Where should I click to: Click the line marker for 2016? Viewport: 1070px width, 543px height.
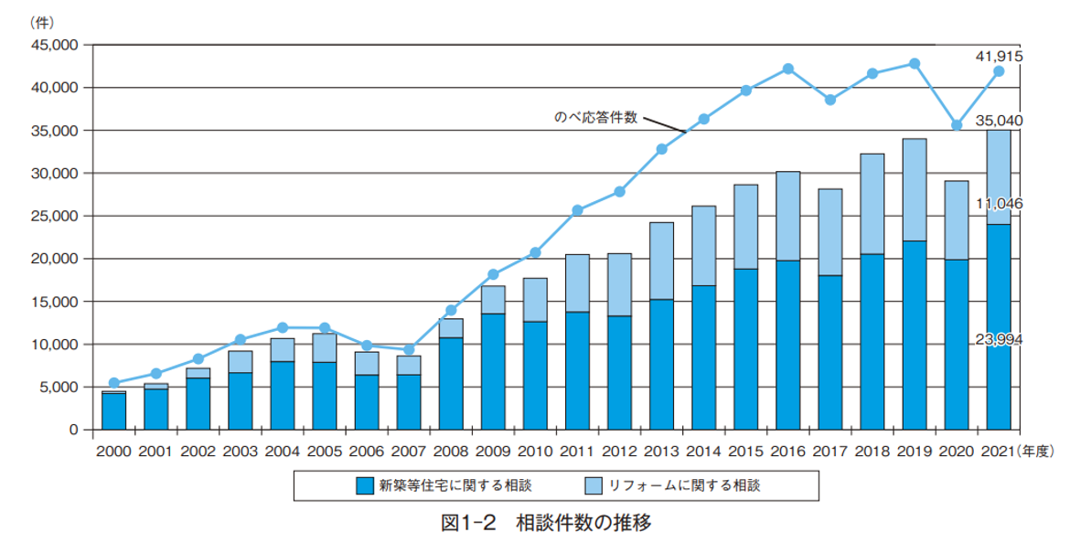pos(788,69)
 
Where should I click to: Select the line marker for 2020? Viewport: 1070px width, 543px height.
pos(957,125)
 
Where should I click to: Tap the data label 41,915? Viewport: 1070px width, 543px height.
pos(999,57)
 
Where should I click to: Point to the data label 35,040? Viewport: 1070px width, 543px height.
pos(999,120)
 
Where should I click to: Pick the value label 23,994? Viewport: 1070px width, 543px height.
pos(999,340)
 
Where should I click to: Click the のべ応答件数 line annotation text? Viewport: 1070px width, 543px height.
pos(595,118)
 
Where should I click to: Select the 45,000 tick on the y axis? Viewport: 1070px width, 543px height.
pos(56,45)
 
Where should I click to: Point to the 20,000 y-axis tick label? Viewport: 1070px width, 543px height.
pos(56,259)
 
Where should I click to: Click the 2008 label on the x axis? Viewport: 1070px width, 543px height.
pos(451,451)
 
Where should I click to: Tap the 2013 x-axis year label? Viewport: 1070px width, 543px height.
pos(661,451)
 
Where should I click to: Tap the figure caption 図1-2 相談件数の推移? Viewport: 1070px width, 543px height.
pos(546,524)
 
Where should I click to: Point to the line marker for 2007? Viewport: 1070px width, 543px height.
pos(409,349)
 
